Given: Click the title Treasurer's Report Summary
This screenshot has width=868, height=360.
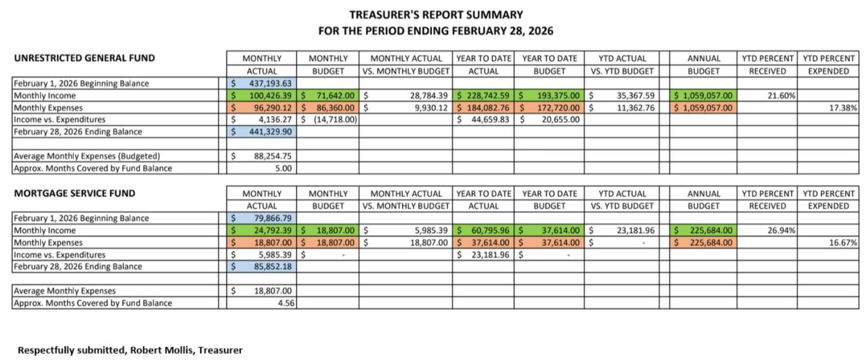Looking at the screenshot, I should pyautogui.click(x=436, y=14).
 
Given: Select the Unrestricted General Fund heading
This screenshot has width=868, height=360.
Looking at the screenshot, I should pyautogui.click(x=84, y=58).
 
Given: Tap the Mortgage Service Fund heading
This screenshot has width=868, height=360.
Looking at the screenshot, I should pyautogui.click(x=74, y=193).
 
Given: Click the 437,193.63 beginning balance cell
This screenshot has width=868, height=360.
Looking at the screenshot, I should pyautogui.click(x=261, y=83).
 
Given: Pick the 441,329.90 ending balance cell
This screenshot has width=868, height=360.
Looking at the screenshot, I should pyautogui.click(x=261, y=132).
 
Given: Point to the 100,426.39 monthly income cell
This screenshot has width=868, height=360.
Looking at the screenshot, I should pyautogui.click(x=261, y=96).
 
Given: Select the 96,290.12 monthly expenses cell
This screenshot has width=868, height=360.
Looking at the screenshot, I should pyautogui.click(x=261, y=107).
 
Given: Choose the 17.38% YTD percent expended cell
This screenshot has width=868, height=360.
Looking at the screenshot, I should pyautogui.click(x=843, y=107).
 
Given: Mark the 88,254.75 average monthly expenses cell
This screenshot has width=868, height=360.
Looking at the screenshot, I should pyautogui.click(x=261, y=156).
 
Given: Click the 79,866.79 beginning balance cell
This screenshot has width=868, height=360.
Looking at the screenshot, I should pyautogui.click(x=261, y=218).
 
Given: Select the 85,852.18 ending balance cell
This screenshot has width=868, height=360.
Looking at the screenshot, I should pyautogui.click(x=261, y=266).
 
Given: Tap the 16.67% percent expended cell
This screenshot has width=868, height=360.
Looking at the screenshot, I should pyautogui.click(x=843, y=242).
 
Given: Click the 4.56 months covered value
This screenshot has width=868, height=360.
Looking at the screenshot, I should pyautogui.click(x=287, y=303).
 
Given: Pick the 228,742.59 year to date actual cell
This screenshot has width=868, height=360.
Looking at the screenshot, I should pyautogui.click(x=484, y=96).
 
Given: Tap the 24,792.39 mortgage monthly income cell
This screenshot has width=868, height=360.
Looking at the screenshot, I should pyautogui.click(x=261, y=230).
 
